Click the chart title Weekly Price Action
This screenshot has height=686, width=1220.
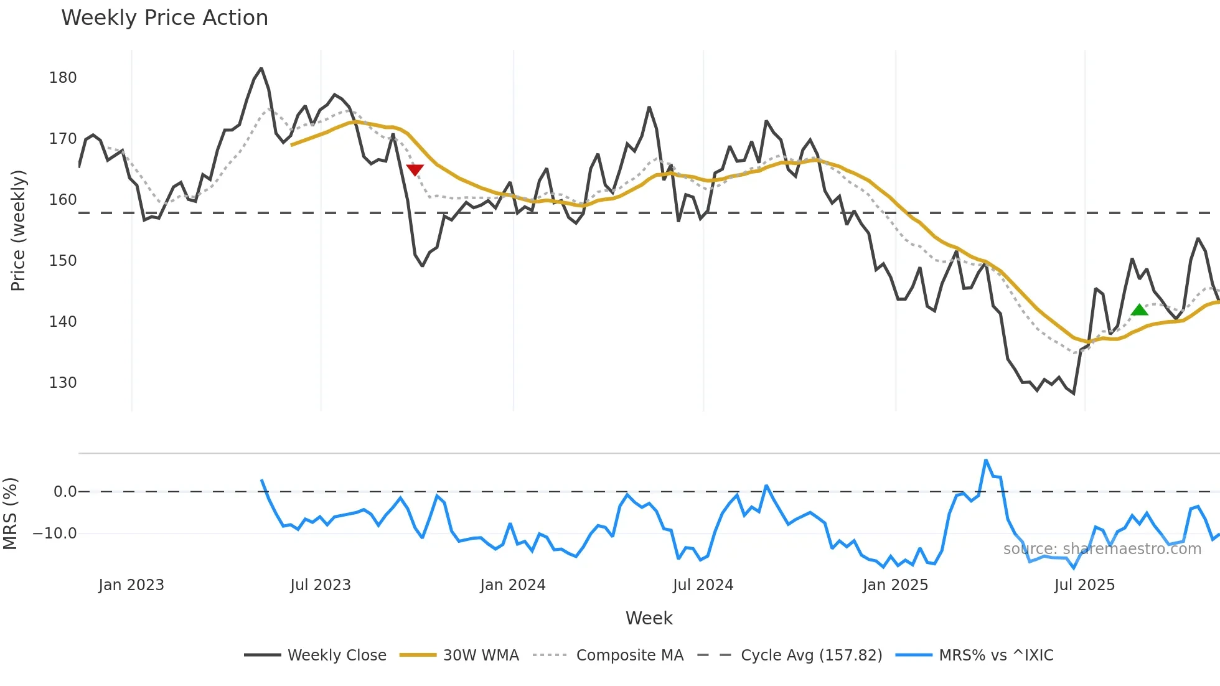click(x=164, y=18)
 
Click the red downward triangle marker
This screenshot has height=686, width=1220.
click(x=415, y=170)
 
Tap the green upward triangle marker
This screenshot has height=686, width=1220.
click(x=1139, y=310)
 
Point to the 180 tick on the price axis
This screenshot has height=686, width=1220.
click(x=63, y=78)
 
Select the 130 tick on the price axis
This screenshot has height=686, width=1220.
click(x=63, y=383)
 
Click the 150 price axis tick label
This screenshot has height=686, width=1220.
click(x=63, y=261)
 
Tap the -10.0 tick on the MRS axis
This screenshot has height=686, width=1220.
click(x=55, y=533)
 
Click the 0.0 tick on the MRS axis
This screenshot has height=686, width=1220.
click(x=65, y=492)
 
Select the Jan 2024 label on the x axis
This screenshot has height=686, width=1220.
click(x=512, y=585)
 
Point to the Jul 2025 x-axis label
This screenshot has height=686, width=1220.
click(x=1084, y=585)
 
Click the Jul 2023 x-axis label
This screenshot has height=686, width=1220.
click(x=321, y=585)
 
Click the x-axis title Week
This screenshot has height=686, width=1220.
click(x=649, y=618)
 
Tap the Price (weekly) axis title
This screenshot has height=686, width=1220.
click(x=18, y=230)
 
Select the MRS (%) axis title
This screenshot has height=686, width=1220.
click(x=10, y=514)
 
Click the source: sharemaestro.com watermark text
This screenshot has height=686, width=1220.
click(x=1102, y=549)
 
